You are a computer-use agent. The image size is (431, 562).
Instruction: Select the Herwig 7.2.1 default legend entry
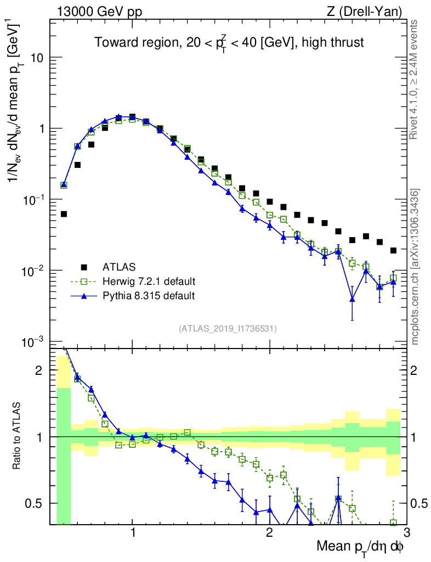tap(149, 282)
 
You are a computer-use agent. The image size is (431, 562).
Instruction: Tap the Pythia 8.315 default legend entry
tap(149, 296)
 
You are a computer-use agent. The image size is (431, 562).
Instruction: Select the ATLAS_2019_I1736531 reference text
tap(228, 329)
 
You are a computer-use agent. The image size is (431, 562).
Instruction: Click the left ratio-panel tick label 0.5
tap(36, 503)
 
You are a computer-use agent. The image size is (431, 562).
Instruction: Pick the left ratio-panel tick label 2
tap(39, 370)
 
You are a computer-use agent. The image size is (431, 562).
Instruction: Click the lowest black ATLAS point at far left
tap(64, 214)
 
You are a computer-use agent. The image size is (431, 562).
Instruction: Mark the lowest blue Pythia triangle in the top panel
tap(352, 299)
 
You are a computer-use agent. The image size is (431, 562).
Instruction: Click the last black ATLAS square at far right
tap(393, 250)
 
